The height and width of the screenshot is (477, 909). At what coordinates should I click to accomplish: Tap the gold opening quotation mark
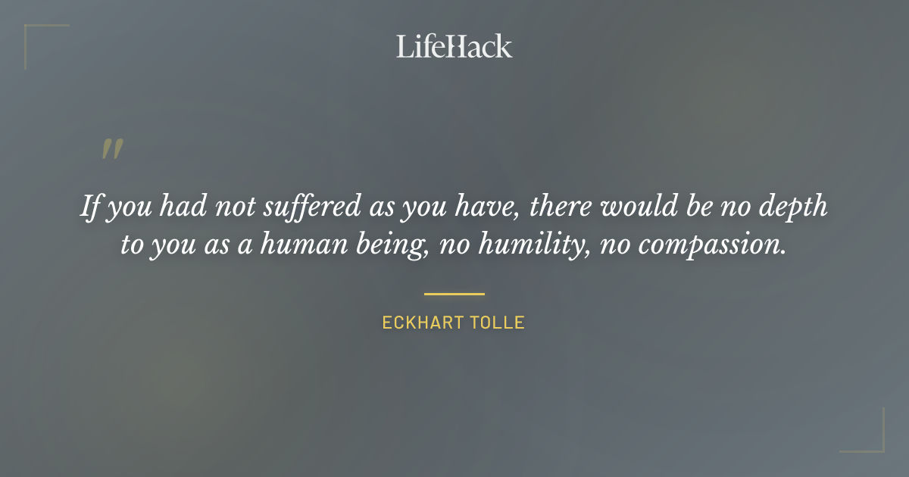[x=111, y=149]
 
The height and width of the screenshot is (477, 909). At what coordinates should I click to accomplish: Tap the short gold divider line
[x=454, y=294]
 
